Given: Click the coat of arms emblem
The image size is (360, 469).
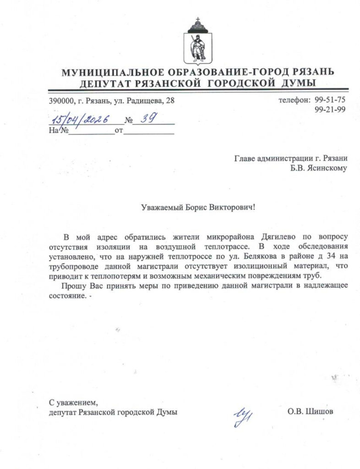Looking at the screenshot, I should coord(198,44).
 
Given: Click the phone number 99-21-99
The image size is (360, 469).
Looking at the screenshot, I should coord(331,109).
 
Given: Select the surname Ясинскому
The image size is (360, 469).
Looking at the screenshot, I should coord(327,168).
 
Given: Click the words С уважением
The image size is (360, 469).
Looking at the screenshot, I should coord(73,403).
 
